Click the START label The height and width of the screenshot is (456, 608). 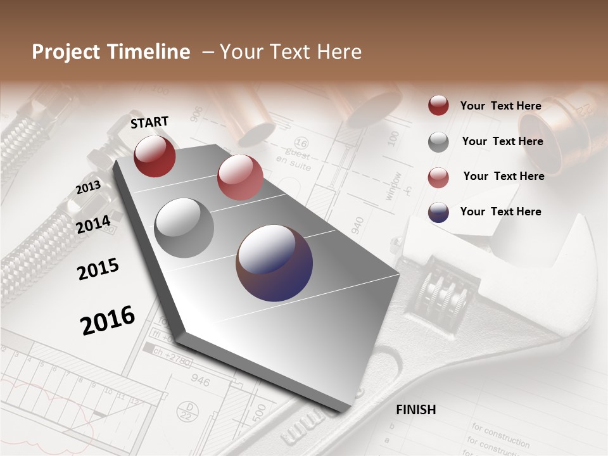point(149,122)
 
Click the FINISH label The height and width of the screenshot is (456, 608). point(415,410)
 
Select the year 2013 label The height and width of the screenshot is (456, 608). point(88,187)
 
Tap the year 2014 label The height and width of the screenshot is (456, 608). point(93,224)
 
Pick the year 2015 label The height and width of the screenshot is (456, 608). point(98,269)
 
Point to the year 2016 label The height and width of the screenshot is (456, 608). point(108,320)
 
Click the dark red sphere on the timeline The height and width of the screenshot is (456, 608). point(155,156)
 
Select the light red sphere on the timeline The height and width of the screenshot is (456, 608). point(240,177)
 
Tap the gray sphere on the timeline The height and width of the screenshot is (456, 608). point(184,227)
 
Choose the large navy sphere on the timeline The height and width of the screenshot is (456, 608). point(274,262)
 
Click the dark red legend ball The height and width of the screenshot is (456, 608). point(438,105)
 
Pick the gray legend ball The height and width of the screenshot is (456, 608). point(438,141)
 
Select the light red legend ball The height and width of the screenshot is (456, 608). point(438,177)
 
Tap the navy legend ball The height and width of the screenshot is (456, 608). point(438,212)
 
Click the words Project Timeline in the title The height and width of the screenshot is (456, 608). point(111,52)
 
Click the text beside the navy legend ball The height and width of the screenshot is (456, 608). point(500,212)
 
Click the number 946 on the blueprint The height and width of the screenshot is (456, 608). point(200,381)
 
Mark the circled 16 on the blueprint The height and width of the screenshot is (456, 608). point(302,143)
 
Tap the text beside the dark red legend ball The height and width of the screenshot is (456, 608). point(500,106)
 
